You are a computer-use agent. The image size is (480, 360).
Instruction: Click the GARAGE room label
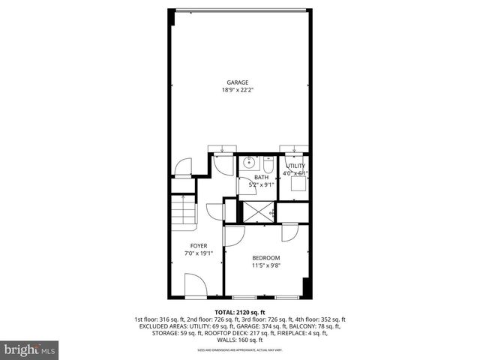tap(238, 82)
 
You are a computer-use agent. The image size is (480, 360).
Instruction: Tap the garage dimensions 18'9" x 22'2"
tap(238, 90)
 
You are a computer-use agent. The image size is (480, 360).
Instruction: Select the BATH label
tap(261, 177)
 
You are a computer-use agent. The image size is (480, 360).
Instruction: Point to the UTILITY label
tap(295, 166)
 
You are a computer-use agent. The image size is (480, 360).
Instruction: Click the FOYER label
tap(199, 246)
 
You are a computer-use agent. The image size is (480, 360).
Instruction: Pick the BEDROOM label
tap(265, 258)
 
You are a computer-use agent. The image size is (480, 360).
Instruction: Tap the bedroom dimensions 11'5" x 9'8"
tap(265, 265)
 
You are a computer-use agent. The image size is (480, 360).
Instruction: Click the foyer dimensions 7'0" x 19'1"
tap(199, 253)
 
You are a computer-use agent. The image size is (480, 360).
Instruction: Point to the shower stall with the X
tap(256, 212)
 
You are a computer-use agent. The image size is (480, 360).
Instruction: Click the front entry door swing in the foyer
tap(194, 285)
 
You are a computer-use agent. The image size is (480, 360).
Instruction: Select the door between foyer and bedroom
tap(232, 236)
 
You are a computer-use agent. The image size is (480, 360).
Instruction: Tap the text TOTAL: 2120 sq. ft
tap(240, 312)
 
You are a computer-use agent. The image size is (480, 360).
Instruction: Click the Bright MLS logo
tap(30, 349)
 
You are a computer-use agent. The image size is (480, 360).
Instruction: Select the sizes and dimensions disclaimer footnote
tap(240, 349)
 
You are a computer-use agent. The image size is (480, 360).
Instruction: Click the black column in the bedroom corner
tap(305, 288)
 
